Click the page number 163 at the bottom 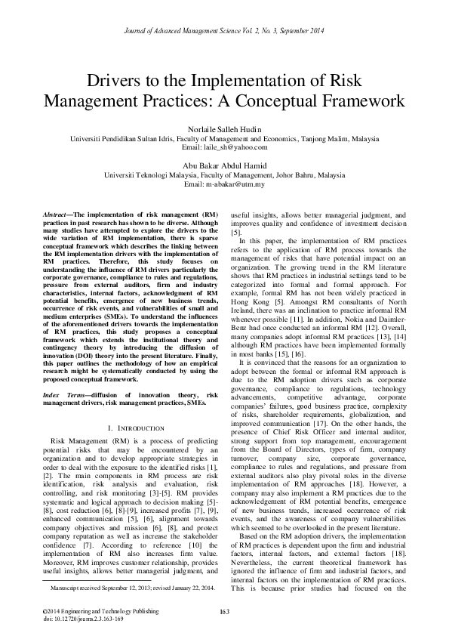click(224, 611)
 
